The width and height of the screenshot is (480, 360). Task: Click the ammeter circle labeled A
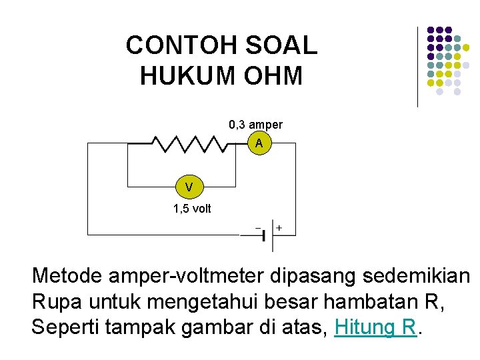pyautogui.click(x=259, y=144)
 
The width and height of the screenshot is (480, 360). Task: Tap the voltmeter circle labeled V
pyautogui.click(x=189, y=187)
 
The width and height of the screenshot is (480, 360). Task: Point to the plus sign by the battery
pyautogui.click(x=279, y=228)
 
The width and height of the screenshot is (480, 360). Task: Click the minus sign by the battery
pyautogui.click(x=258, y=228)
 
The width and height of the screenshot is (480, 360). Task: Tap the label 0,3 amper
pyautogui.click(x=255, y=125)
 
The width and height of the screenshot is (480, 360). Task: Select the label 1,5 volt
pyautogui.click(x=191, y=209)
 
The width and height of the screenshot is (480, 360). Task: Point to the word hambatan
pyautogui.click(x=357, y=301)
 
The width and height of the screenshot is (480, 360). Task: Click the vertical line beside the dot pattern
pyautogui.click(x=418, y=67)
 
